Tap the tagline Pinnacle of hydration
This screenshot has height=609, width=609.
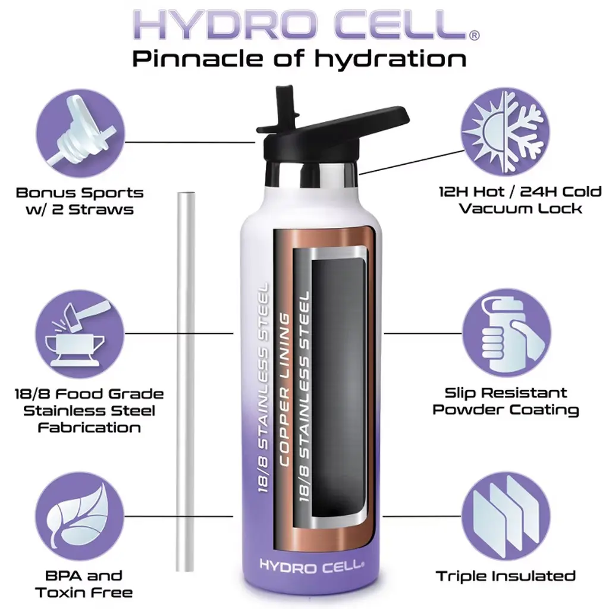click(x=300, y=59)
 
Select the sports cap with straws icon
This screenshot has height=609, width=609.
click(x=80, y=133)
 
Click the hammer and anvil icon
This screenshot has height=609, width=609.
click(x=80, y=334)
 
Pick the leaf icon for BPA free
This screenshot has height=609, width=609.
click(x=80, y=516)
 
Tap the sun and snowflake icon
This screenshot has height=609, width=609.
click(x=506, y=131)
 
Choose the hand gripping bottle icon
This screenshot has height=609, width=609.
click(x=506, y=333)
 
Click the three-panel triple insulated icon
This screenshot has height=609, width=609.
click(x=506, y=516)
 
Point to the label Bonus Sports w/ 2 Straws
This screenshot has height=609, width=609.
click(x=80, y=201)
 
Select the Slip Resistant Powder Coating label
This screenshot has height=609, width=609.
click(x=506, y=401)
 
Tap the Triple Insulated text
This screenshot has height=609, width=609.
click(x=506, y=576)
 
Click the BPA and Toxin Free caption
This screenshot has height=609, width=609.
click(x=84, y=584)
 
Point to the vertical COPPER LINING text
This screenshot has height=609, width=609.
click(x=285, y=390)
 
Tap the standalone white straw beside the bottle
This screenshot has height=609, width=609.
click(x=186, y=382)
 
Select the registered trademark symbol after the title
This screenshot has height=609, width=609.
click(x=475, y=35)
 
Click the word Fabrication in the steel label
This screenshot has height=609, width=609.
click(x=89, y=428)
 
